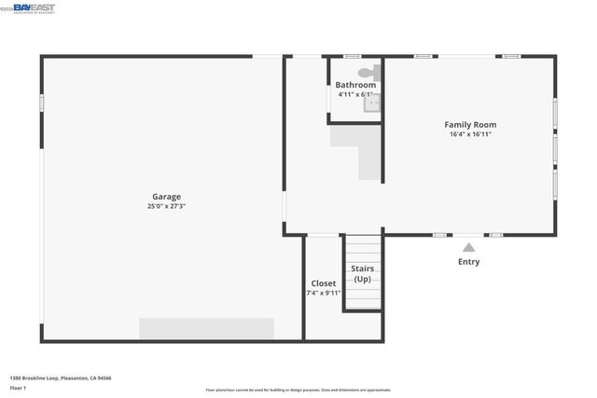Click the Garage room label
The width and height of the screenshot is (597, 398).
(x=167, y=197)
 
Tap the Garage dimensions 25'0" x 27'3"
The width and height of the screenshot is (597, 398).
(x=167, y=207)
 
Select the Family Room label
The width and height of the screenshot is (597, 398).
(x=469, y=124)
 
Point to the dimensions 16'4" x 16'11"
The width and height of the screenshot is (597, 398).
(x=469, y=134)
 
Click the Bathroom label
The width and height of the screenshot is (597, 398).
(x=355, y=85)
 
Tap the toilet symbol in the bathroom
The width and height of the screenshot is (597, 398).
(x=366, y=72)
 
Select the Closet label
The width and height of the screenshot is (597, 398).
(x=324, y=283)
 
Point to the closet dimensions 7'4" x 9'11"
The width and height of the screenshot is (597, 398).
(x=324, y=293)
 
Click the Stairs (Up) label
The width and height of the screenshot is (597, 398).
(x=362, y=274)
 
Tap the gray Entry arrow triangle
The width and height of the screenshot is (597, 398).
(x=468, y=247)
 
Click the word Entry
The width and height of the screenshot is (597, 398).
(x=468, y=262)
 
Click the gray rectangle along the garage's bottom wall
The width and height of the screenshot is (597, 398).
(x=206, y=328)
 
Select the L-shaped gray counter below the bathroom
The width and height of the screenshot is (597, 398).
(x=359, y=149)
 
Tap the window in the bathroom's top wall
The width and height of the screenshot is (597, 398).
(x=352, y=57)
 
